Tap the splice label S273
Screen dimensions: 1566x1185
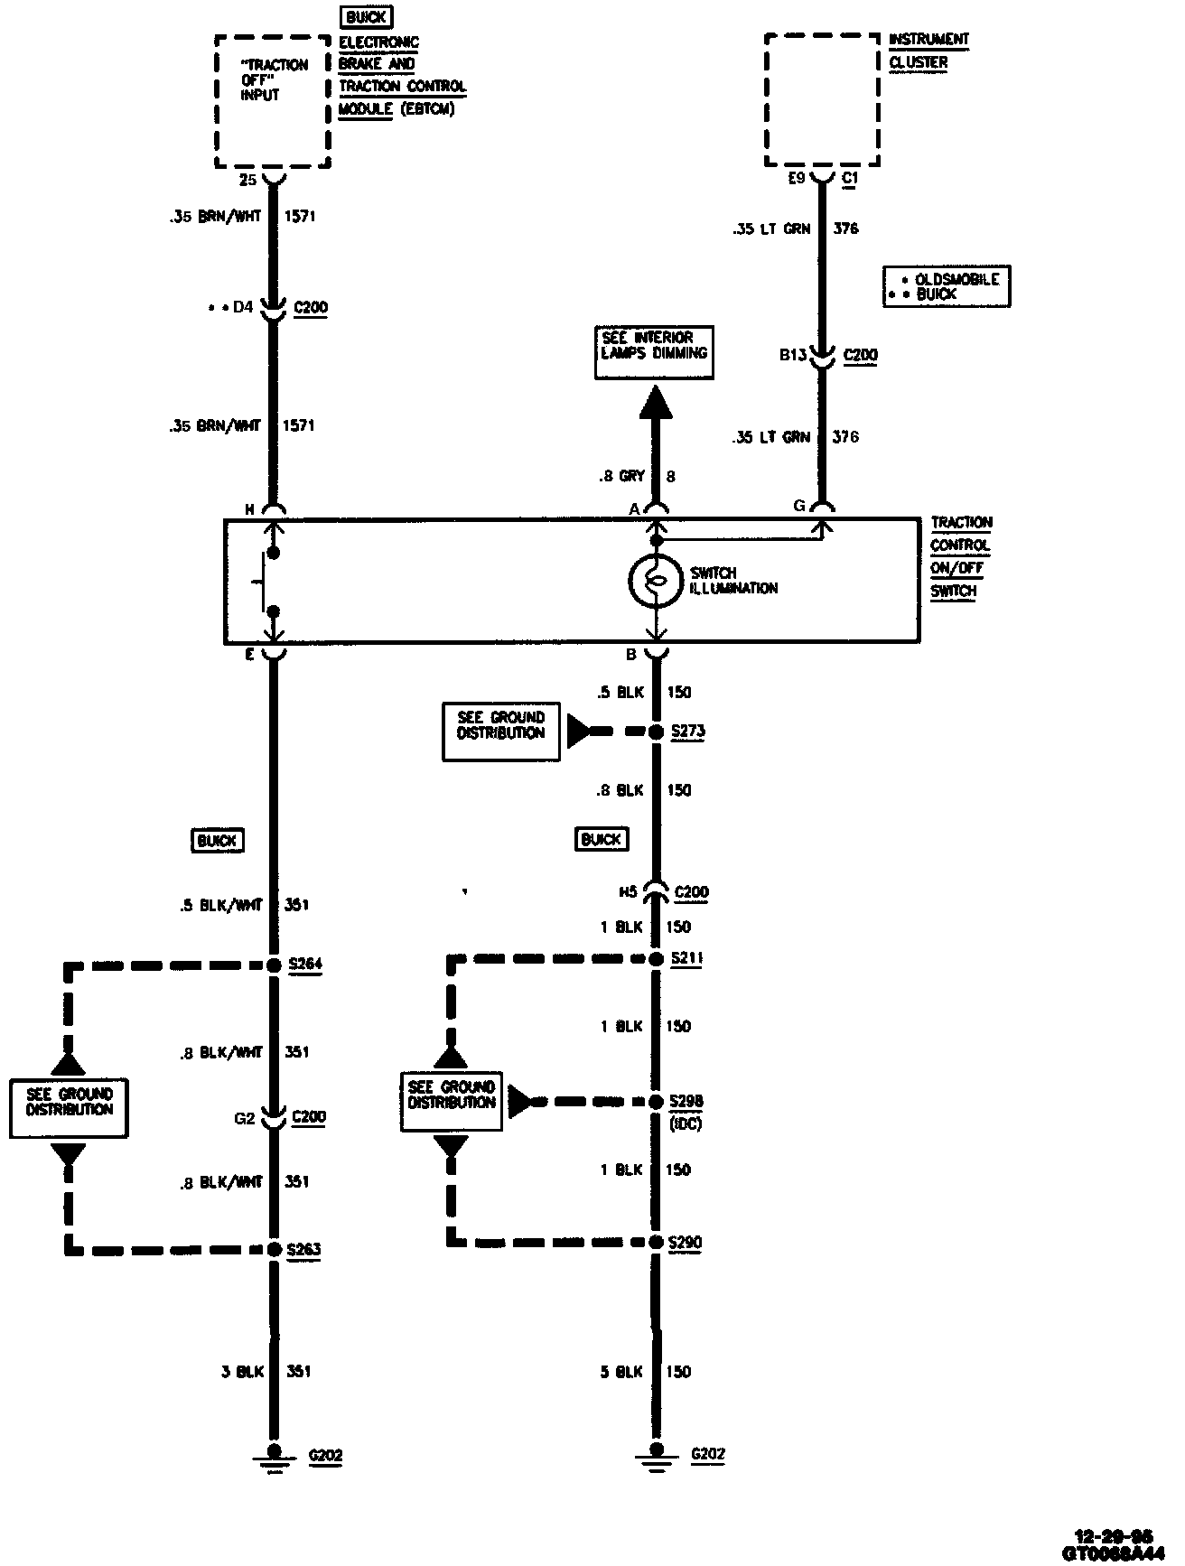[x=687, y=731]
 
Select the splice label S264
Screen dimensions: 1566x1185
[x=304, y=964]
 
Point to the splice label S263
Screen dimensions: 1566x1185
[x=303, y=1250]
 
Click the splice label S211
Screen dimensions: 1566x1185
[x=686, y=957]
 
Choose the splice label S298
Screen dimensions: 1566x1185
[x=686, y=1102]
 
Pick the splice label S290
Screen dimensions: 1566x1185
[x=686, y=1242]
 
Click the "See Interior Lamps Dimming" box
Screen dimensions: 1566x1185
[x=654, y=351]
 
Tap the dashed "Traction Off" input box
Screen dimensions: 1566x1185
[x=272, y=101]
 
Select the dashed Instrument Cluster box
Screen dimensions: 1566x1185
[x=822, y=101]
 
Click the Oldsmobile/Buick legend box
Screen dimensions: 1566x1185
[x=946, y=286]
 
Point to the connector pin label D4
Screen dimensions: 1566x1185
[x=242, y=307]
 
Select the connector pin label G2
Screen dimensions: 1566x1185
[x=245, y=1117]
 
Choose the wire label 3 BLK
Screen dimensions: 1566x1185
[x=242, y=1371]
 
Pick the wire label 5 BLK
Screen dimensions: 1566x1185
[x=620, y=1371]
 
